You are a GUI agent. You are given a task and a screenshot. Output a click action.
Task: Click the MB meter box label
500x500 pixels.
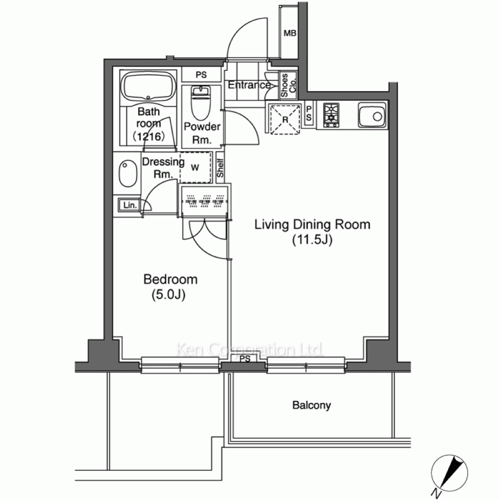tap(290, 33)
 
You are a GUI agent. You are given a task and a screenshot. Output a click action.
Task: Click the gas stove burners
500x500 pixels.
tap(331, 115)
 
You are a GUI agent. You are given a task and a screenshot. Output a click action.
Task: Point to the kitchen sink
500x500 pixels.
tap(372, 115)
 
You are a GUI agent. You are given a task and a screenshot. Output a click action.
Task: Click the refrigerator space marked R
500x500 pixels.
tap(285, 119)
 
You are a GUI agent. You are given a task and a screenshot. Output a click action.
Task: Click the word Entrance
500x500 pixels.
tap(249, 85)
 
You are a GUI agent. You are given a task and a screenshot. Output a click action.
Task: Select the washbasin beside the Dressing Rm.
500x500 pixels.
tap(128, 174)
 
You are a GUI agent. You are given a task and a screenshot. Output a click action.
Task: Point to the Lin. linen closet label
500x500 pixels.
tap(130, 205)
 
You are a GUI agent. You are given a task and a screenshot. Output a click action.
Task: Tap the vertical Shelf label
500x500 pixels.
tap(220, 168)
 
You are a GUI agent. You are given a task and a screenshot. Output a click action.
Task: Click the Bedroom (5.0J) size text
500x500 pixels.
tap(168, 295)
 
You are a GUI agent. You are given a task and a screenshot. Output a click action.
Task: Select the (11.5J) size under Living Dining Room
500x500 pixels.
tap(312, 239)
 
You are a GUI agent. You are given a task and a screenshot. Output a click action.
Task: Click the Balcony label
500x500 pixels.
tap(311, 405)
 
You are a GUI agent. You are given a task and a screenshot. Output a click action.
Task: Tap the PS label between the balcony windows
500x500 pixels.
tap(245, 359)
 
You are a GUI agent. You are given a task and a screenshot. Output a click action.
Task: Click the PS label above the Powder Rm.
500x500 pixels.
tap(201, 75)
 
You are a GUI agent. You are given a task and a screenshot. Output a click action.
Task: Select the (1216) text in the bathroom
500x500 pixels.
tap(149, 136)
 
